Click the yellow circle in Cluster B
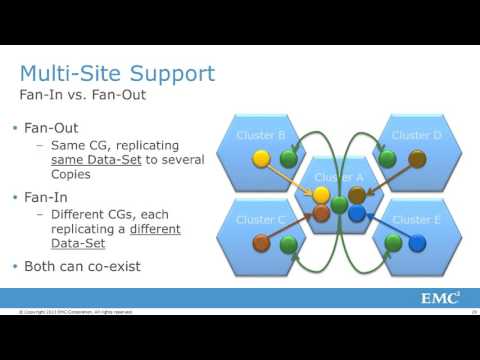click(x=261, y=158)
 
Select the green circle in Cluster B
click(x=289, y=158)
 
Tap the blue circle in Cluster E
click(x=415, y=243)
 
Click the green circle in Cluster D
click(x=388, y=158)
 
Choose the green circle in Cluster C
click(x=289, y=243)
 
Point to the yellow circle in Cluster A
click(x=322, y=196)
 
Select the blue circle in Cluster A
click(x=357, y=213)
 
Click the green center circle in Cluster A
click(x=340, y=204)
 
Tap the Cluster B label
click(x=261, y=134)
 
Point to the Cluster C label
click(x=261, y=219)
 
